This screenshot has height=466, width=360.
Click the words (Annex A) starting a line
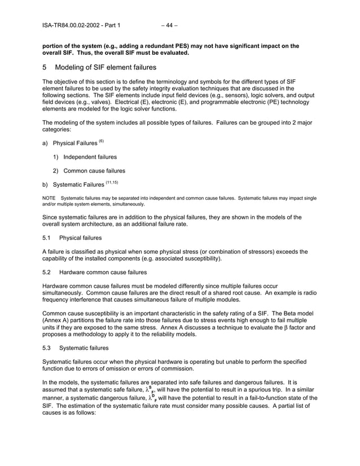(58, 319)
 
